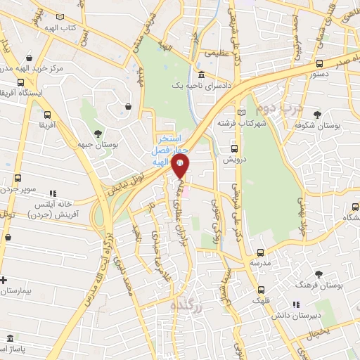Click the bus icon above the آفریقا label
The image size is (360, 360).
pos(47,115)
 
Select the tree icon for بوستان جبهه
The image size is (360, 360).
pos(97,134)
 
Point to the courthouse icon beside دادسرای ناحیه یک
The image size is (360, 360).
pos(202,75)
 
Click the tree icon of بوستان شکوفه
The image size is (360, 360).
pos(318,114)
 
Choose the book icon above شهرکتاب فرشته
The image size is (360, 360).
pos(243,112)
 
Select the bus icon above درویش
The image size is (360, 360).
pos(235,148)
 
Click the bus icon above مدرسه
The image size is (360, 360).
pos(260,252)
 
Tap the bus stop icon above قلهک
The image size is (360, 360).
pos(261,289)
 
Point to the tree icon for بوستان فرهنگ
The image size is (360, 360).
pos(319,274)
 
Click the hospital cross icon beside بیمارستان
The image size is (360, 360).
pos(4,280)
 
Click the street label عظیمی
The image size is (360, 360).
pos(217,53)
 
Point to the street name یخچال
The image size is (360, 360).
pos(318,330)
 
